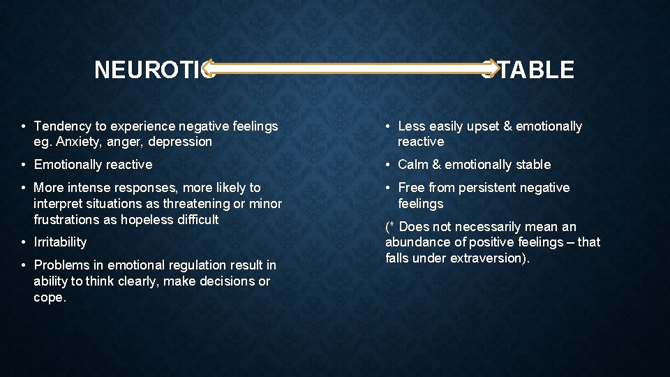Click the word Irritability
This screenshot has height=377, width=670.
coord(61,242)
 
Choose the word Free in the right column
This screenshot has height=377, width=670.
coord(411,188)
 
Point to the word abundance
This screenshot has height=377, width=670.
coord(416,242)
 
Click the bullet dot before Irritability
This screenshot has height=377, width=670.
coord(24,242)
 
